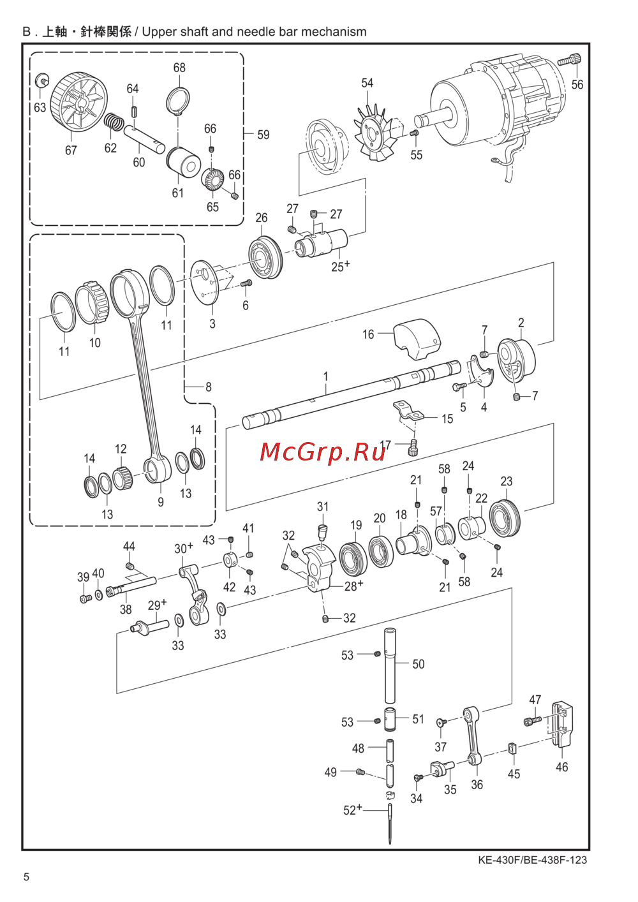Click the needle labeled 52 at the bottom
coord(390,824)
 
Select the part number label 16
coord(368,334)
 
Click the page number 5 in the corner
coord(26,877)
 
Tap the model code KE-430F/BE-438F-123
coord(532,860)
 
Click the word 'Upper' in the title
coord(160,32)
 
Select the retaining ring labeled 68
coord(178,100)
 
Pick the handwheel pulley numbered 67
coord(78,105)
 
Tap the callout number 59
coord(263,135)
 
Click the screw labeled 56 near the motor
coord(569,61)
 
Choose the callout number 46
coord(561,767)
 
